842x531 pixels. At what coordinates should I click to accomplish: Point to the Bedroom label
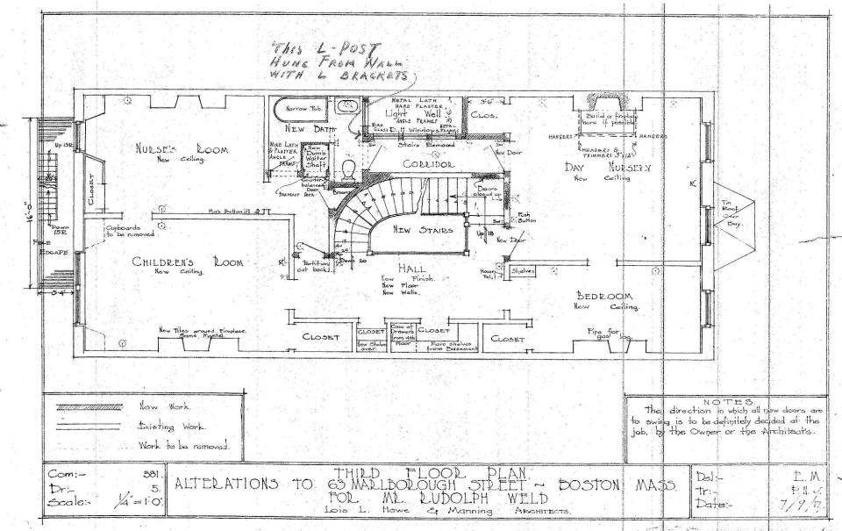pos(606,297)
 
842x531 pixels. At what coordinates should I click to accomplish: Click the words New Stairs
pos(423,231)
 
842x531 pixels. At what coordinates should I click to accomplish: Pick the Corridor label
pos(428,164)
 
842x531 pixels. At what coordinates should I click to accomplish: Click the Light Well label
pos(417,115)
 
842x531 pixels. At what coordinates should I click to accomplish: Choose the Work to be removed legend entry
pos(181,445)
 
